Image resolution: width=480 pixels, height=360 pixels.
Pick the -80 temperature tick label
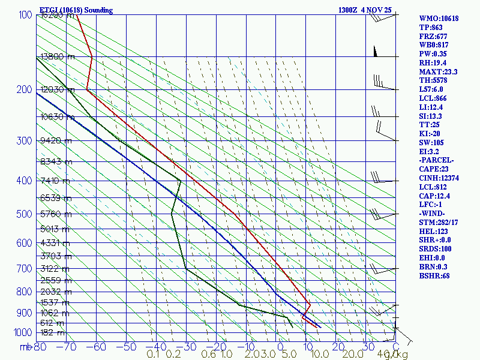tap(38, 347)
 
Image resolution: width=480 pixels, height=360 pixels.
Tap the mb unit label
tap(25, 347)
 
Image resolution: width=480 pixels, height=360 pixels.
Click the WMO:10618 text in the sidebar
tap(439, 19)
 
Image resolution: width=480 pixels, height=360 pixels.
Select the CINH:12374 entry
tap(440, 178)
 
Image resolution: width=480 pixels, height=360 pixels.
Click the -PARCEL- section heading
tap(436, 161)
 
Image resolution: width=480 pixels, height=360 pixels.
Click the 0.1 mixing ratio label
tap(153, 355)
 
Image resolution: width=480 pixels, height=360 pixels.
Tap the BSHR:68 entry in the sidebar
tap(434, 276)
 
